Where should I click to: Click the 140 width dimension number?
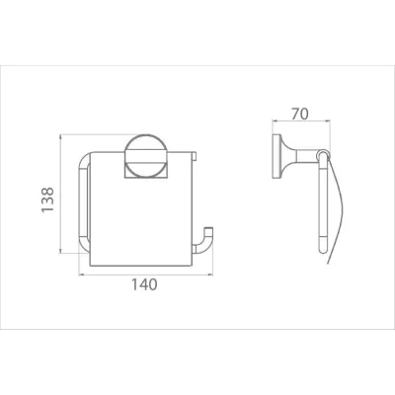point(144,284)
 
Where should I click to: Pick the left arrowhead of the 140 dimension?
point(80,271)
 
